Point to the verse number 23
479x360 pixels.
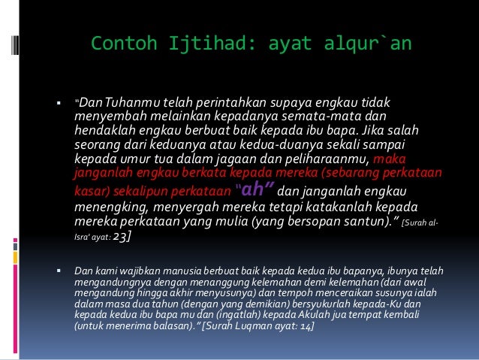point(122,236)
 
